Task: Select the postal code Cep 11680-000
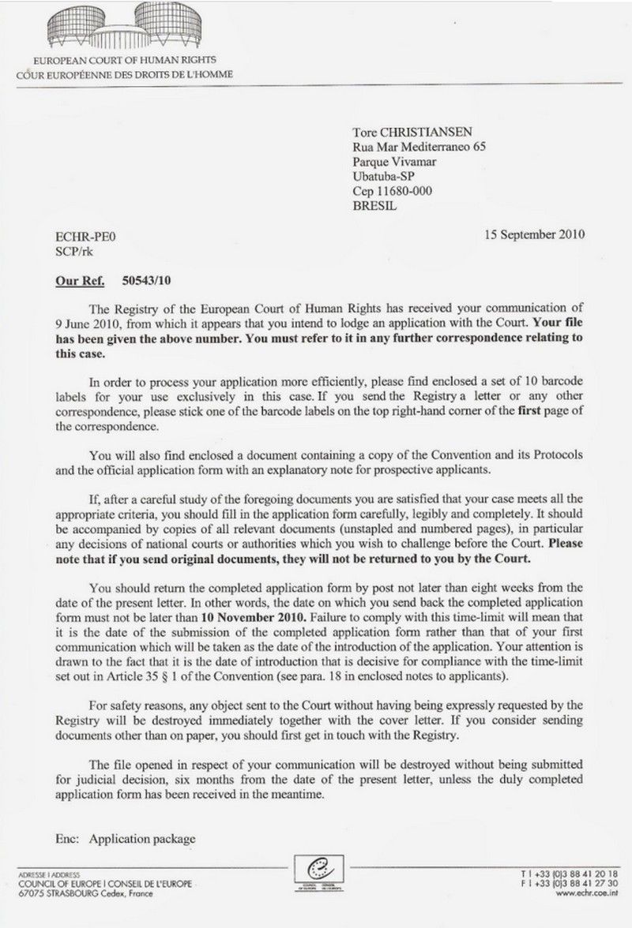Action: tap(392, 192)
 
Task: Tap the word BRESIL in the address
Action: tap(375, 207)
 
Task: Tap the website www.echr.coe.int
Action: tap(585, 895)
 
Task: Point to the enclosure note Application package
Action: tap(142, 839)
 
